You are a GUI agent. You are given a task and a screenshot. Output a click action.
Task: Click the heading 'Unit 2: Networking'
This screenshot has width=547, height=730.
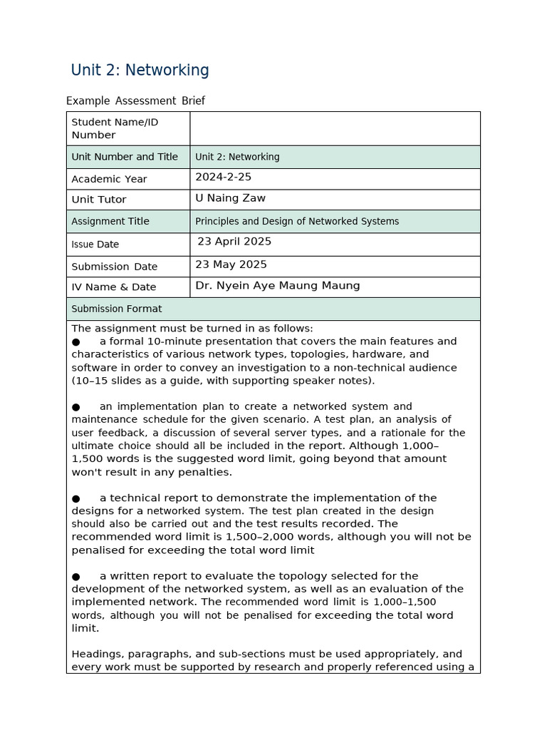[140, 71]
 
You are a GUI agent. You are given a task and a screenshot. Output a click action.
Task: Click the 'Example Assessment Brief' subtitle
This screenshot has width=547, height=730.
[135, 101]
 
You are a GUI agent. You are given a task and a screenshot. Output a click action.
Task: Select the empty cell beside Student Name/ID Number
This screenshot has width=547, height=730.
[335, 128]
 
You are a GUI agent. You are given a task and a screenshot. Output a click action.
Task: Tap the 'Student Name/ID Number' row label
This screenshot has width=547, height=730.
[115, 128]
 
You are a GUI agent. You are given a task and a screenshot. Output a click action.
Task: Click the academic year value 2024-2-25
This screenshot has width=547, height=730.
[223, 177]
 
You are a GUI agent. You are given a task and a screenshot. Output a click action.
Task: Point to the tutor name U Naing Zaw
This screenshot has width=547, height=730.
[230, 198]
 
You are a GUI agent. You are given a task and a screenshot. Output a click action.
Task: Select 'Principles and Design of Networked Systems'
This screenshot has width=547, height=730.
[297, 221]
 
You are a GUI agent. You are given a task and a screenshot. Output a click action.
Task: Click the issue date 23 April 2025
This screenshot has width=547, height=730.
[234, 242]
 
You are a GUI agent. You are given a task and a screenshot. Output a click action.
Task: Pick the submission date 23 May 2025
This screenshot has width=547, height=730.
[231, 264]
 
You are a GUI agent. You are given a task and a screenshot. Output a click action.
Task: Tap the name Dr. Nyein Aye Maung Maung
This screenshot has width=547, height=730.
[277, 286]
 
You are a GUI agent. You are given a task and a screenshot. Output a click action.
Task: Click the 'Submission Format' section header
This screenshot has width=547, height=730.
[117, 309]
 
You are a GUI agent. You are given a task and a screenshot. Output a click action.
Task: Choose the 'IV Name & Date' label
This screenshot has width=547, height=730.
[114, 287]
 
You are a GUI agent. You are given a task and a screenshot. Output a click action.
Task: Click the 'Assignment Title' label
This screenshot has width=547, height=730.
[110, 221]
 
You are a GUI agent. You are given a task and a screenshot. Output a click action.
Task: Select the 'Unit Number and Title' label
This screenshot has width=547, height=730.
[125, 157]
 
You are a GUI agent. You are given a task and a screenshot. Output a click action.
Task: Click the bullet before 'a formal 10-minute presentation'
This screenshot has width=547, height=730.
[76, 341]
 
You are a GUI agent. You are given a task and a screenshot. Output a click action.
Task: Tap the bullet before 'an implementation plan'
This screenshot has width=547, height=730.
[76, 407]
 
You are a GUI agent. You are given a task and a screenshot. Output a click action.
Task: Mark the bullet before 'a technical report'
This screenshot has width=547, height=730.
[76, 498]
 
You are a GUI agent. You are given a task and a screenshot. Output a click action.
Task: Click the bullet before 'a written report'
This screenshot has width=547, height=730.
[76, 576]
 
